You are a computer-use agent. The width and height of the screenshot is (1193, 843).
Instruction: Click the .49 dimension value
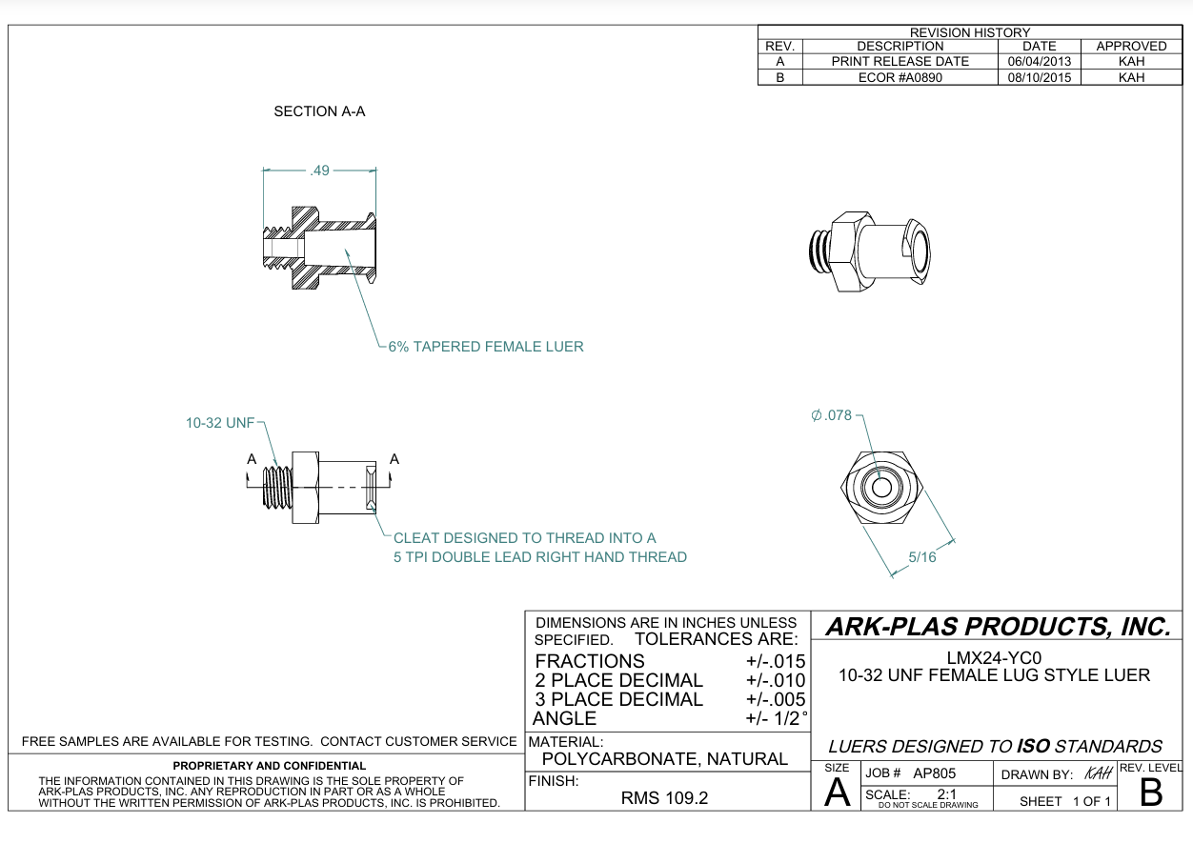point(319,171)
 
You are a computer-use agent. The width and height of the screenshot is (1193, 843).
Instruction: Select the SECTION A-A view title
point(319,111)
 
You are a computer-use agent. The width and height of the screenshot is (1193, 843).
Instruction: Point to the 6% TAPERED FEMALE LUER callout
point(485,347)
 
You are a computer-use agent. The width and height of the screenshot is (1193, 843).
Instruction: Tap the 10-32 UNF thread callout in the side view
point(220,423)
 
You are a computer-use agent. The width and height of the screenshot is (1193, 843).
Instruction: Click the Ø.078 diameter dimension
point(831,416)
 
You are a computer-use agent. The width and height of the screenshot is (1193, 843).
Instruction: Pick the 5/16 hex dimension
point(921,557)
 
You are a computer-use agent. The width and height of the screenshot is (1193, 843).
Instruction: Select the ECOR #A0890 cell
point(900,77)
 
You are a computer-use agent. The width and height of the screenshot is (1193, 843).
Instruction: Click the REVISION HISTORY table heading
point(970,32)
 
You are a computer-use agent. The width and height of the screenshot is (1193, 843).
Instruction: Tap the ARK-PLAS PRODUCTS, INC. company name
point(997,627)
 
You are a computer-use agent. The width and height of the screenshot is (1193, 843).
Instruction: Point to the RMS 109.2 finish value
point(664,798)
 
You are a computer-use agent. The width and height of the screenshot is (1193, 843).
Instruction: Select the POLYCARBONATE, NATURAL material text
point(664,759)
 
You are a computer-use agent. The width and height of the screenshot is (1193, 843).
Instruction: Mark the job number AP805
point(934,773)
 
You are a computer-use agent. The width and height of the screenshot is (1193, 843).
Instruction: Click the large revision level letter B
point(1151,793)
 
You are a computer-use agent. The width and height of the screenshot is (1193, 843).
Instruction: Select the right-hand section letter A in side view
point(394,459)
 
